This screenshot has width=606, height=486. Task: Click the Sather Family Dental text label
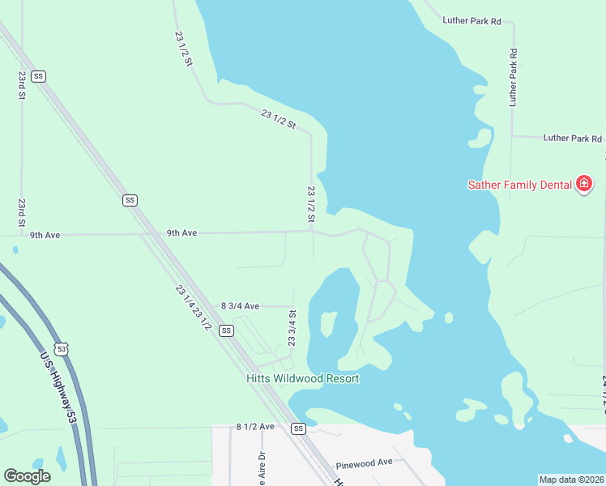click(520, 185)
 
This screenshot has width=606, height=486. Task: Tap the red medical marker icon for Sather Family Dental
click(583, 185)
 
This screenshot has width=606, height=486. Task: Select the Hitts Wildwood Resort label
click(302, 378)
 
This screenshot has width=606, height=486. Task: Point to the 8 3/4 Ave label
click(240, 306)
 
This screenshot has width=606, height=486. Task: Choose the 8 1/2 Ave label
click(256, 426)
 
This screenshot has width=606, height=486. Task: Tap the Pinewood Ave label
click(364, 462)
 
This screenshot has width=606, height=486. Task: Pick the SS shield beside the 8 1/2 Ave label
click(299, 428)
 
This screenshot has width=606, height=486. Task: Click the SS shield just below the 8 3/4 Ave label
click(226, 330)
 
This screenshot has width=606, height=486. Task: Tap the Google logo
click(27, 476)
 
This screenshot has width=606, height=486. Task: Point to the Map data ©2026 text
click(570, 480)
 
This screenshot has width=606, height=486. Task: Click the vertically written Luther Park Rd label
click(513, 78)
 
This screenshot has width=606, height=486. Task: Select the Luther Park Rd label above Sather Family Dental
click(573, 139)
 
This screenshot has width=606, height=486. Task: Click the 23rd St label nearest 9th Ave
click(22, 212)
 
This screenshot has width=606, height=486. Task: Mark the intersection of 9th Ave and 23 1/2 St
click(312, 232)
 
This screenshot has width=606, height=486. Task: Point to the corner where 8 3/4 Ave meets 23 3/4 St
click(292, 307)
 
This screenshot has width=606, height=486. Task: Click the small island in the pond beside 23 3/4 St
click(328, 323)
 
